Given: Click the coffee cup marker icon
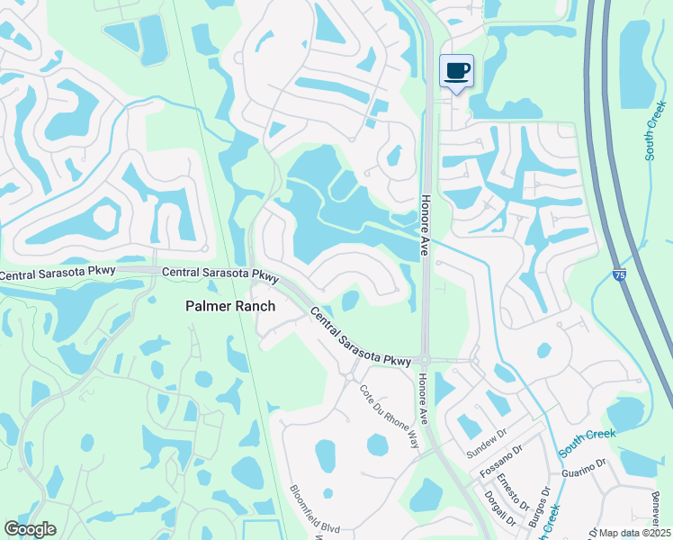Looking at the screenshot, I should coord(456,71).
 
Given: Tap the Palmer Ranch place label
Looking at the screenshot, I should coord(230,306).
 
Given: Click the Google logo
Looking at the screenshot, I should coord(30,529).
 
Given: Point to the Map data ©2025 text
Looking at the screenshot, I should coord(635,533).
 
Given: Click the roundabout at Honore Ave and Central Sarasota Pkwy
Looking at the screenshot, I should coord(425,361).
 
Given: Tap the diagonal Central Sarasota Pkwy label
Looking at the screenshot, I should coord(361,337).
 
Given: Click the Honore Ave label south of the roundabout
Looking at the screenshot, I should coord(421,400).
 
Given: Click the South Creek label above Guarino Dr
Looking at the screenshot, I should coord(587,438).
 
